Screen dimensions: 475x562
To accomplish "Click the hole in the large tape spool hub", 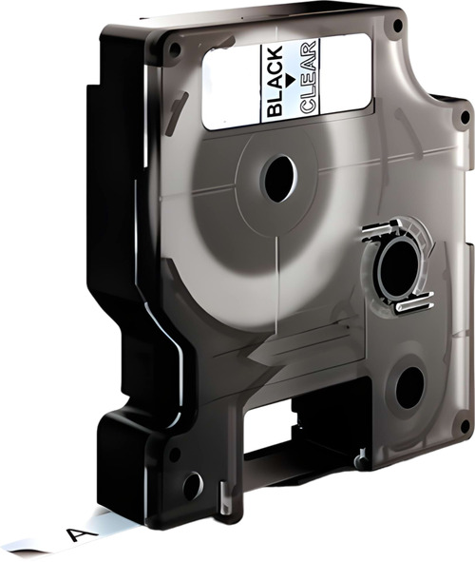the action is pyautogui.click(x=278, y=178).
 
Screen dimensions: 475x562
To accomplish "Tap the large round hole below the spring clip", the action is pyautogui.click(x=409, y=389).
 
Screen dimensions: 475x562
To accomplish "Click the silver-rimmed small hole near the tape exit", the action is pyautogui.click(x=192, y=486).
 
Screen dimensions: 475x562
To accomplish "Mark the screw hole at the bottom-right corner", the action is pyautogui.click(x=464, y=427).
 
